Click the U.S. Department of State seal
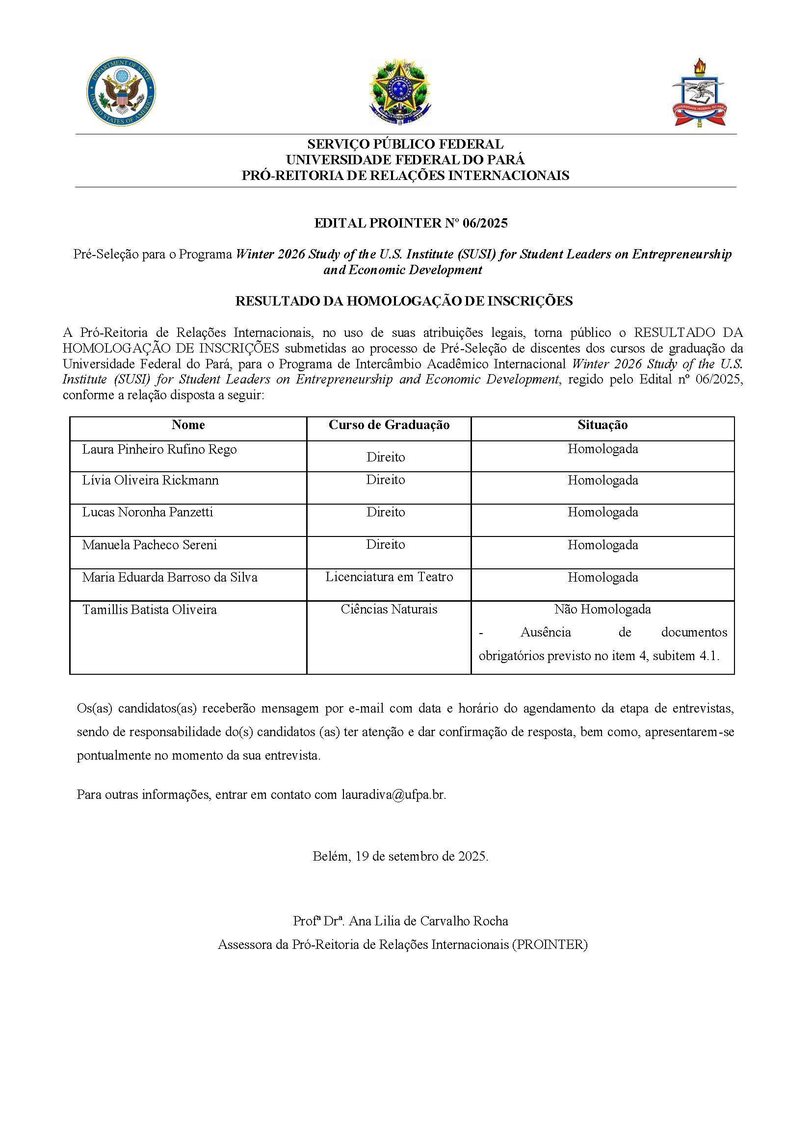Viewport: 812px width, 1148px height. [x=121, y=91]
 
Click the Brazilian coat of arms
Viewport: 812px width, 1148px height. [x=400, y=92]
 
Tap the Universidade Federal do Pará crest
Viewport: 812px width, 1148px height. [x=699, y=94]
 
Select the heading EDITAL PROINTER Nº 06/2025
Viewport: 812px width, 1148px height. [x=410, y=223]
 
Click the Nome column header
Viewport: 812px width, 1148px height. [x=188, y=425]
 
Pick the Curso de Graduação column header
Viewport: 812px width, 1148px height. [x=389, y=425]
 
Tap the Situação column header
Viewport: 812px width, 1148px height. [x=602, y=425]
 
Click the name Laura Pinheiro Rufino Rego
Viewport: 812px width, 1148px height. [x=159, y=450]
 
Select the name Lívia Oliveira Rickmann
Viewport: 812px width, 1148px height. [x=150, y=481]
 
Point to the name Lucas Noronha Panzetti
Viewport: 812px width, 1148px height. [x=148, y=512]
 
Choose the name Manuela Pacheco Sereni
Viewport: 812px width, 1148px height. [x=150, y=545]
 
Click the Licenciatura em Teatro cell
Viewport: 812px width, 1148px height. [x=389, y=577]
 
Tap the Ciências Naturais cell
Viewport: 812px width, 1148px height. [x=389, y=610]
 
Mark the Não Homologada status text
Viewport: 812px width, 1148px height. [x=602, y=610]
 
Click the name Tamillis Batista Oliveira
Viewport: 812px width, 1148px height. [x=150, y=610]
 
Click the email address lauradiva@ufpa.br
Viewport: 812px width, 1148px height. [x=393, y=794]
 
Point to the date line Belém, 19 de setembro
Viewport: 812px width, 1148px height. [x=400, y=857]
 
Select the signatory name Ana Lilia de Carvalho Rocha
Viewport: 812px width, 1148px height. [x=428, y=921]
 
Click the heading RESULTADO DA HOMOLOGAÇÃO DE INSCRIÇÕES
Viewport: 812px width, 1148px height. [x=404, y=301]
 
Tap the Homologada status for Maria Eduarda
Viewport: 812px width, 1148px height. [x=602, y=578]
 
